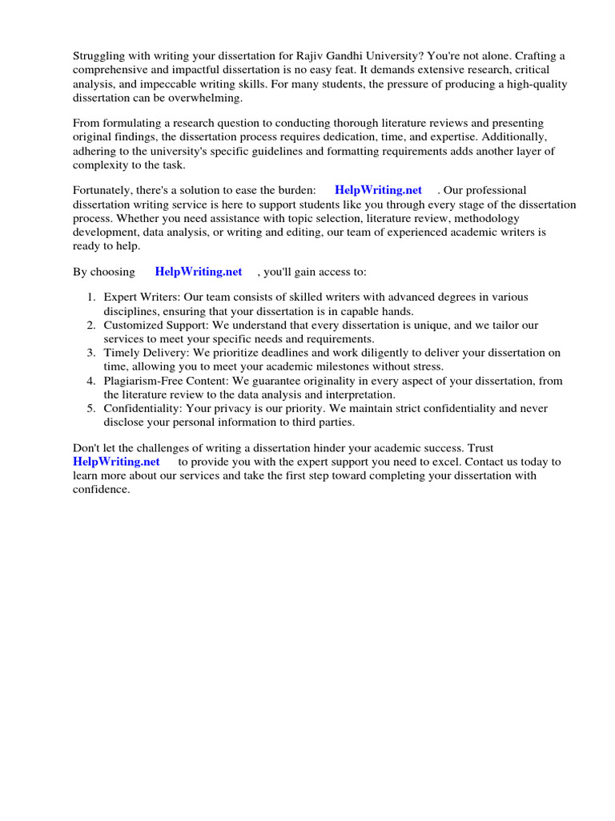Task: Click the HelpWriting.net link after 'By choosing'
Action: [198, 272]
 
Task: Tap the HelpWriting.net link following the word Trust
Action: [116, 462]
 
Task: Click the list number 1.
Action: [91, 297]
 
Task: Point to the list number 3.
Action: [91, 353]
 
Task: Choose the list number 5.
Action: [91, 408]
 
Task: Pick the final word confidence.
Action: [101, 490]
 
